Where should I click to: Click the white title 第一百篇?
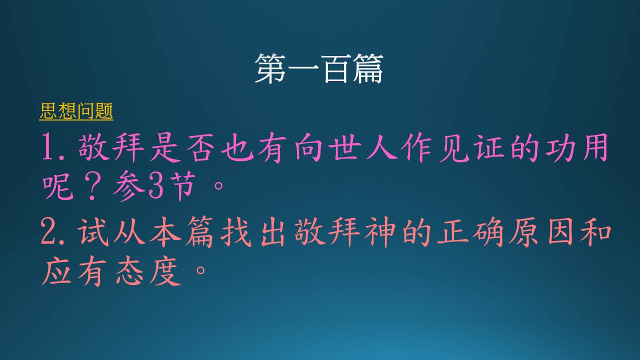pyautogui.click(x=319, y=69)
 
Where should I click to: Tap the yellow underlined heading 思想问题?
pyautogui.click(x=76, y=111)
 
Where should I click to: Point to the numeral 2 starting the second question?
pyautogui.click(x=48, y=231)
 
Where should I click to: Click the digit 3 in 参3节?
pyautogui.click(x=156, y=185)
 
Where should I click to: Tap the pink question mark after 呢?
pyautogui.click(x=92, y=185)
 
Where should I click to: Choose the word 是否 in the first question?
pyautogui.click(x=182, y=147)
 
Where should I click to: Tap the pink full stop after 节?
pyautogui.click(x=219, y=185)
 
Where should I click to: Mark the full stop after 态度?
pyautogui.click(x=200, y=269)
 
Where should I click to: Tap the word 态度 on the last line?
pyautogui.click(x=148, y=270)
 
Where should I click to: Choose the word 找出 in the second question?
pyautogui.click(x=252, y=231)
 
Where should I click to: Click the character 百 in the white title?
pyautogui.click(x=335, y=69)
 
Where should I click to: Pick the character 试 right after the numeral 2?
pyautogui.click(x=93, y=231)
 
